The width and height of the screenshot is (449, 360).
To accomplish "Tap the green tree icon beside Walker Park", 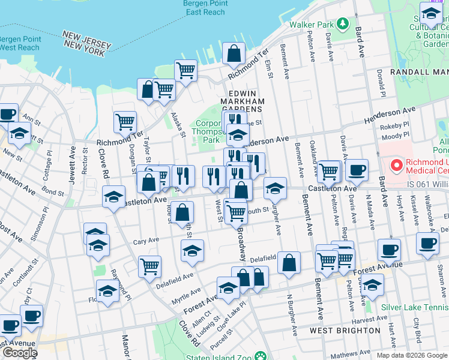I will click(342, 25).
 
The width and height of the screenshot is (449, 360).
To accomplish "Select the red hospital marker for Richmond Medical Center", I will click(397, 164).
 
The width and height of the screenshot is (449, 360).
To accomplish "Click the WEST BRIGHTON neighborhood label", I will click(345, 331).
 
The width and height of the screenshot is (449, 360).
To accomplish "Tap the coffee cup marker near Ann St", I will click(7, 115).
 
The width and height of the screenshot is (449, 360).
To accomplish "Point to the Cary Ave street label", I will click(146, 240).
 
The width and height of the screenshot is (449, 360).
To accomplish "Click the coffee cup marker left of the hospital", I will click(357, 170).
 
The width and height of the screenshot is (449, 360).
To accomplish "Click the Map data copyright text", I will click(411, 355).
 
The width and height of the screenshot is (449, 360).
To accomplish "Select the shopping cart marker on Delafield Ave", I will click(149, 266).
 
